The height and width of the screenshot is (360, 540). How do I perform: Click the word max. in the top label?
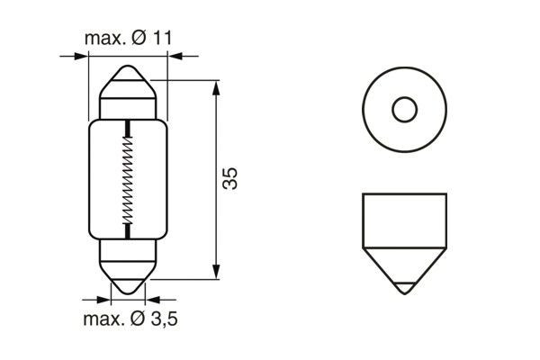point(105,39)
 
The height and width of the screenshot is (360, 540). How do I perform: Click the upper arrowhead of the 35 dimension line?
point(217,86)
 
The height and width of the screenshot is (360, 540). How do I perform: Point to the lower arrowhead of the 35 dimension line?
point(217,273)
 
